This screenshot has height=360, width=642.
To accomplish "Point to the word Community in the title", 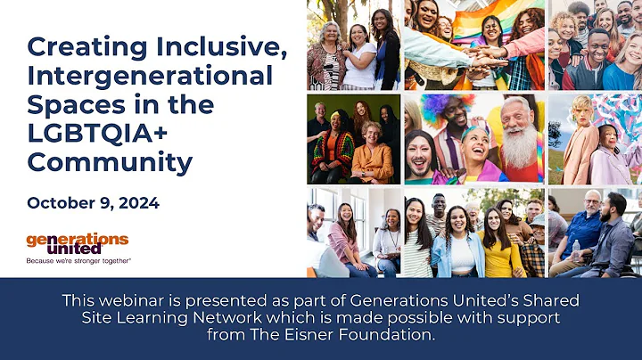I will click(110, 162).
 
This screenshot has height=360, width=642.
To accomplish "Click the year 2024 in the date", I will click(137, 203).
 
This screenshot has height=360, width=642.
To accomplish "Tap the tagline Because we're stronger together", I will click(78, 261).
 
